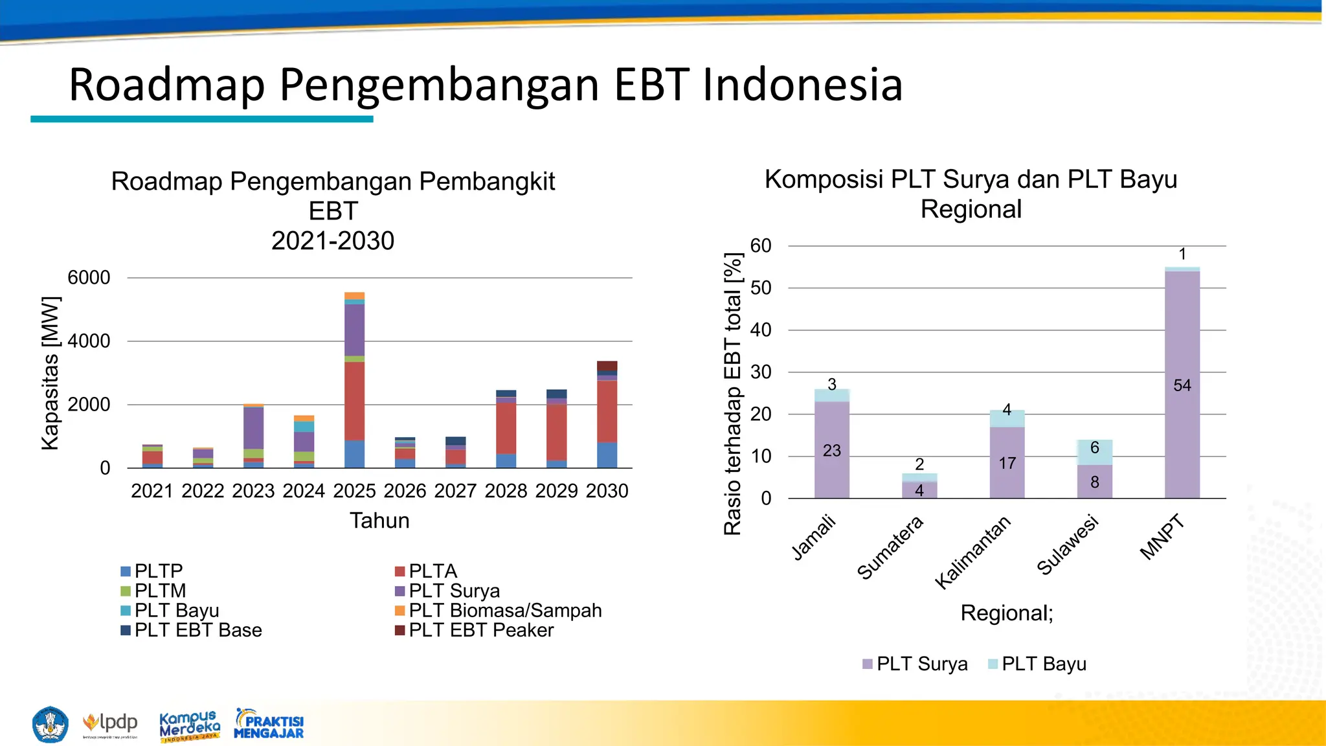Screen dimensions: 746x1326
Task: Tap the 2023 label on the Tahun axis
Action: point(253,491)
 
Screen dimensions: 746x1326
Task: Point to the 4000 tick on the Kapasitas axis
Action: point(89,341)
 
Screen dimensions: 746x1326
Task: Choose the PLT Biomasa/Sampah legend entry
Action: point(499,611)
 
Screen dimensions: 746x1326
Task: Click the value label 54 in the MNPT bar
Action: point(1182,386)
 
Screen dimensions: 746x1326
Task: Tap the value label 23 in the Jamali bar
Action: point(831,451)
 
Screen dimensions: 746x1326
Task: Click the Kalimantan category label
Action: point(972,552)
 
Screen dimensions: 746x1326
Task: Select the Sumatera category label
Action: point(890,548)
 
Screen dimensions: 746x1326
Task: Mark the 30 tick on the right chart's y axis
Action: point(761,372)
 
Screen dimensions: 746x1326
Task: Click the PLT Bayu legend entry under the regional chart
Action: point(1037,664)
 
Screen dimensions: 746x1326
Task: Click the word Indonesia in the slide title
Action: point(802,85)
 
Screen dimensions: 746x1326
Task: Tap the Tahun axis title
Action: point(379,521)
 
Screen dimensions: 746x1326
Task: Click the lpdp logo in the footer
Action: point(111,723)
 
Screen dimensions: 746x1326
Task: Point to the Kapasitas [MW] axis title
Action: point(51,373)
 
